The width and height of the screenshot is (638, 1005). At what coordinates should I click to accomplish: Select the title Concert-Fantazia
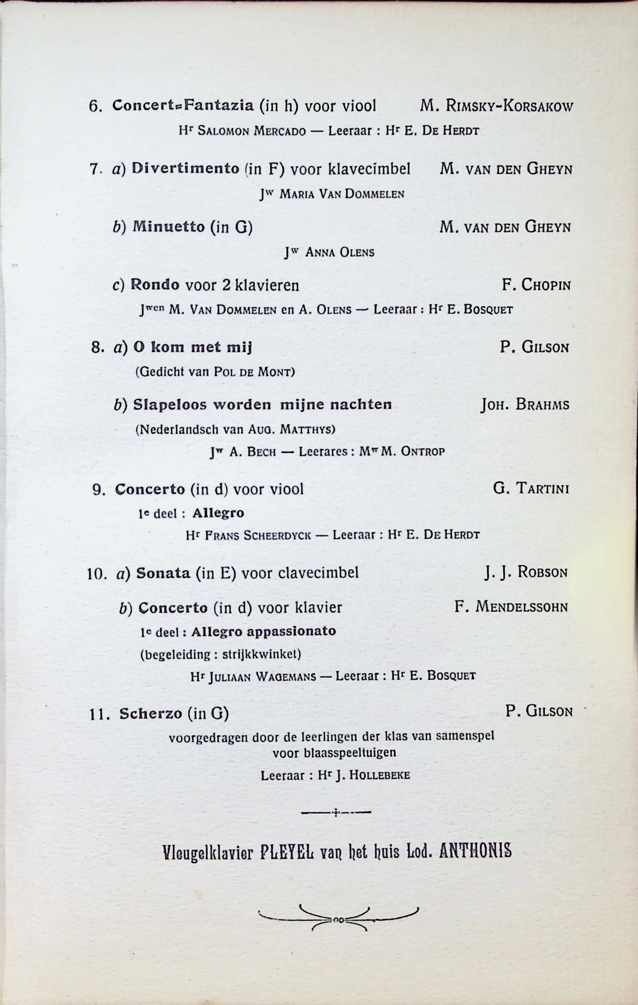(183, 106)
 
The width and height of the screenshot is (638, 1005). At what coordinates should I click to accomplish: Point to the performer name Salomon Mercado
(251, 131)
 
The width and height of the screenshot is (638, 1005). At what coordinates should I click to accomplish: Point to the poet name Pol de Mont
(254, 372)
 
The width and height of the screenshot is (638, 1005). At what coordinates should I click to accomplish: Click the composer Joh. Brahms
(525, 404)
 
